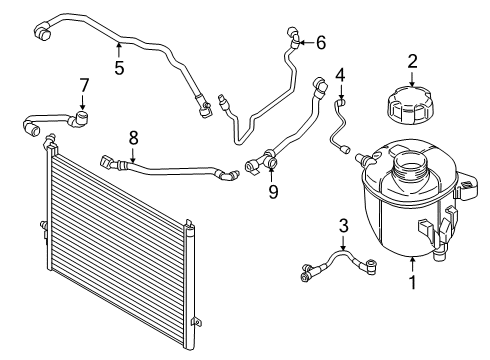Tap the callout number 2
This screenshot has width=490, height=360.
click(412, 63)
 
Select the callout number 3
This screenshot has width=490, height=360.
click(343, 227)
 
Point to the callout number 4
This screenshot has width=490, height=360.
click(340, 74)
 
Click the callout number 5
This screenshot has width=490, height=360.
click(118, 69)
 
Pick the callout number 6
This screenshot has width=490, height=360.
click(320, 42)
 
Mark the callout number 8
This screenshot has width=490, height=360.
click(133, 136)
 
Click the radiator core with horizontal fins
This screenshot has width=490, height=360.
click(110, 240)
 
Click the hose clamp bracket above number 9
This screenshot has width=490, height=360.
click(270, 158)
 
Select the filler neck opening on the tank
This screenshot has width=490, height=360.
click(409, 157)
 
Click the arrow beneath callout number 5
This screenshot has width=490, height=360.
click(118, 48)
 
